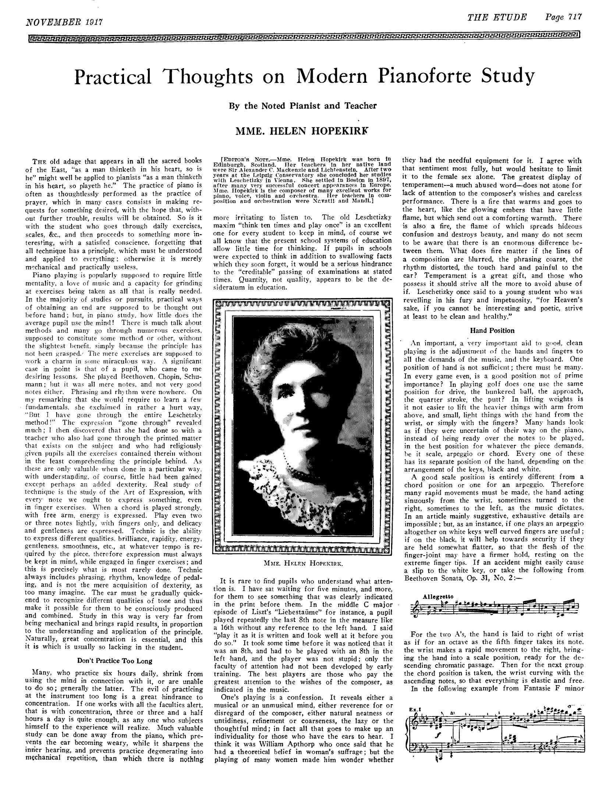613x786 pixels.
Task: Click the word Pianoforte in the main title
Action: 413,76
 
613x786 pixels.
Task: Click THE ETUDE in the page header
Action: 497,17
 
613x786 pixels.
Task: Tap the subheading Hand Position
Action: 493,330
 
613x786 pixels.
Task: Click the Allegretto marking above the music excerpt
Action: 433,596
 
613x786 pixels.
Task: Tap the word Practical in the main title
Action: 113,76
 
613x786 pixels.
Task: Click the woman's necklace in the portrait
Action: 305,471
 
